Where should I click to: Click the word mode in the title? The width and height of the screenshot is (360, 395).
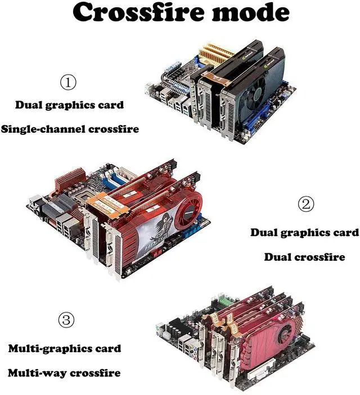point(252,12)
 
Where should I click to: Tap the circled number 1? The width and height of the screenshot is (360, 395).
point(68,83)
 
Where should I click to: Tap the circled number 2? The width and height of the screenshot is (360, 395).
point(305,204)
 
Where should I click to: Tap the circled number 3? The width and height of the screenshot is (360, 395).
point(66,320)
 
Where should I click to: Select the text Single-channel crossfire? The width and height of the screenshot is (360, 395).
point(70,129)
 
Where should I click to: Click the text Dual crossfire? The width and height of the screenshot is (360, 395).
point(304,257)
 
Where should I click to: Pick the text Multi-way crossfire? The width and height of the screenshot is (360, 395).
point(64,373)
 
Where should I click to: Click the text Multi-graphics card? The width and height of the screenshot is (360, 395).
point(64,349)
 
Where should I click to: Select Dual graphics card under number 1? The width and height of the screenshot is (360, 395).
point(69,105)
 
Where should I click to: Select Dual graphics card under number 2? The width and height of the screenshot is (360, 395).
point(304,233)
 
